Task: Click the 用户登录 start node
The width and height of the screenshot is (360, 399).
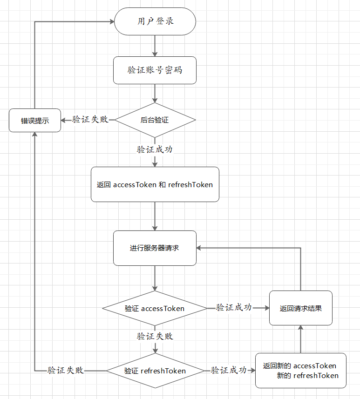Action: (155, 21)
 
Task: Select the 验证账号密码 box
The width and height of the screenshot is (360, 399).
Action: (155, 70)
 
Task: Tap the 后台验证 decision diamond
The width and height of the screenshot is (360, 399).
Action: (155, 120)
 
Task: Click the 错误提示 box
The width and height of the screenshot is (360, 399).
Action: (35, 120)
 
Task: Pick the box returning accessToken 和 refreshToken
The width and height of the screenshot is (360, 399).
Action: (155, 184)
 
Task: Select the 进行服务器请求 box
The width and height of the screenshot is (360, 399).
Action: (155, 248)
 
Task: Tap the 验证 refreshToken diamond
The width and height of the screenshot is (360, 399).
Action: (155, 371)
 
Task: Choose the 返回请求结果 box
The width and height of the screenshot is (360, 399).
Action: (300, 308)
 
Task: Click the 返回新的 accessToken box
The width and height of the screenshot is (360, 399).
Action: (300, 371)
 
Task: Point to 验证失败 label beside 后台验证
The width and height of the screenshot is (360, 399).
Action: (90, 119)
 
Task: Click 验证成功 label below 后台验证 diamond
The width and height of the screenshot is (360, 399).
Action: (155, 149)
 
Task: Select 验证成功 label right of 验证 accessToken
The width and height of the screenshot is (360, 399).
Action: (234, 308)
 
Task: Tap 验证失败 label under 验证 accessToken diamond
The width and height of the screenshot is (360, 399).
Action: (155, 336)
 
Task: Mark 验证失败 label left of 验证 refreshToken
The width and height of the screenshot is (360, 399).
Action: (66, 371)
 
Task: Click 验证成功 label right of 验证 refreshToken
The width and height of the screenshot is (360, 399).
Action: (229, 371)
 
